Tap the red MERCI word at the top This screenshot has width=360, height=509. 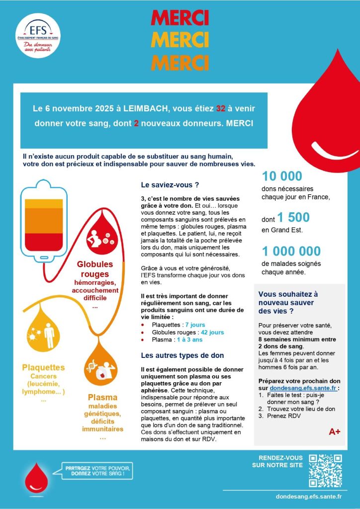point(180,17)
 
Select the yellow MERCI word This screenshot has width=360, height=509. point(180,40)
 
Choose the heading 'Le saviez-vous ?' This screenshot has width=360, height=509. point(170,185)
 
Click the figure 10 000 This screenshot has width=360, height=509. point(282,176)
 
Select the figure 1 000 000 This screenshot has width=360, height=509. point(295,252)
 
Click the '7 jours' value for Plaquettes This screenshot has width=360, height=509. point(195,325)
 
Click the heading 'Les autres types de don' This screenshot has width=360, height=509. point(182,355)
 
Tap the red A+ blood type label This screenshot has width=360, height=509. point(335,432)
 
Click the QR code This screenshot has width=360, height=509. point(325,470)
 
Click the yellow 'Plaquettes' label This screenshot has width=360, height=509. point(43,368)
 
